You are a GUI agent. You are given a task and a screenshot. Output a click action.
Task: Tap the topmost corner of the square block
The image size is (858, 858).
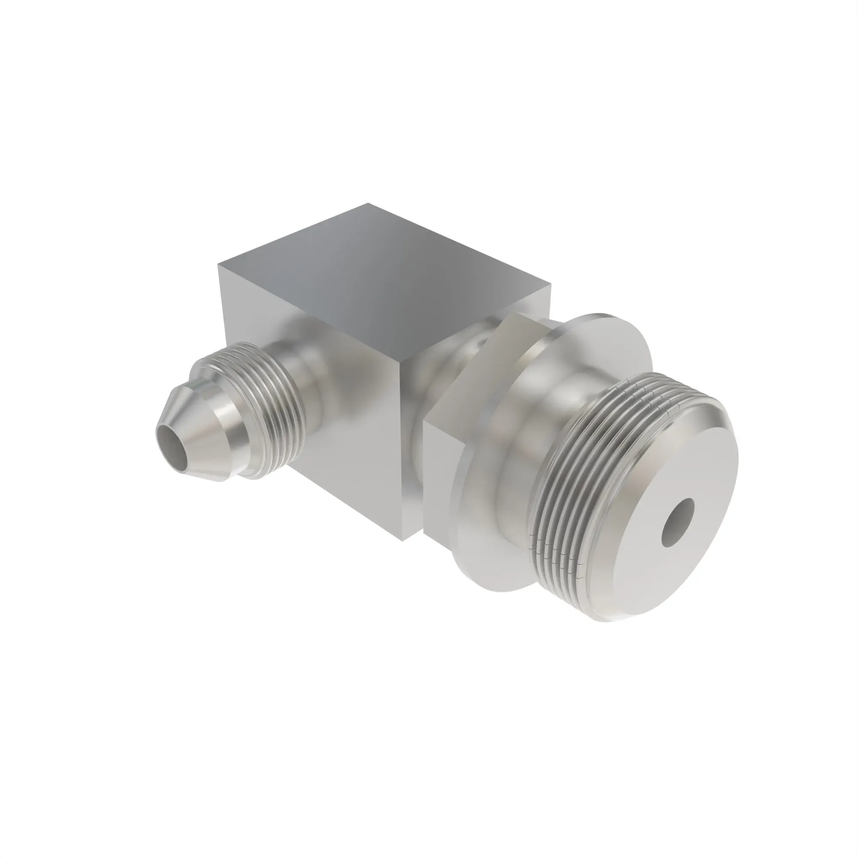(368, 204)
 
